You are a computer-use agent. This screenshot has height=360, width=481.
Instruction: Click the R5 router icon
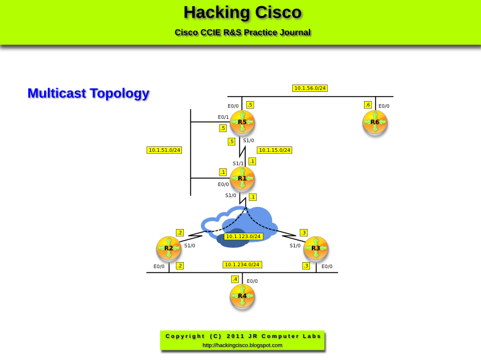pos(242,122)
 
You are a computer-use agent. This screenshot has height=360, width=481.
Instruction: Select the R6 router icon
pos(375,122)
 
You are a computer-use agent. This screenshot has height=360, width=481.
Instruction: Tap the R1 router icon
pos(242,179)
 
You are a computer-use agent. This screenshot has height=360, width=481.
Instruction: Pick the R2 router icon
pos(169,249)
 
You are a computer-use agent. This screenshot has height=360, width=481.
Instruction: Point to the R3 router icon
pos(316,249)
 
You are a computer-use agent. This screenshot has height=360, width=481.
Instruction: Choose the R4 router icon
pos(242,296)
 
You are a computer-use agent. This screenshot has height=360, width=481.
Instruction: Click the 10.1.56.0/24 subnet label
pos(310,88)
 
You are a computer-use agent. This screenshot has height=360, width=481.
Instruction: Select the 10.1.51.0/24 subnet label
pos(164,150)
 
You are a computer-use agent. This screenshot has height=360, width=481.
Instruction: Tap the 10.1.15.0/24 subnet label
pos(275,150)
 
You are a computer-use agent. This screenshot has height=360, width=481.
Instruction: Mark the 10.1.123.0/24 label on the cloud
pos(243,236)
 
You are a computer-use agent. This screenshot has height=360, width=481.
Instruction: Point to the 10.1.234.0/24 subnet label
pos(243,264)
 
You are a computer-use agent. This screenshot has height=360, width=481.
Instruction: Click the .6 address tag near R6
pos(368,105)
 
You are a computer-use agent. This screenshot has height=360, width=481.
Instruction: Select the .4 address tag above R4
pos(235,279)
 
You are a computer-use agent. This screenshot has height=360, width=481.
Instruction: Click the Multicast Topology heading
pos(88,93)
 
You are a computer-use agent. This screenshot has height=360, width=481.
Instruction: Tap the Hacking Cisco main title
pos(243,12)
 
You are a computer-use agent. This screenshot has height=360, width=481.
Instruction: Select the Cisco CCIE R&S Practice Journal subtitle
pos(243,32)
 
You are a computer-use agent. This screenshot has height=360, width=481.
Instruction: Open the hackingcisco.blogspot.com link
pos(243,345)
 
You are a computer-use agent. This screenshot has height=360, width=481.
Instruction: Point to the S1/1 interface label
pos(238,163)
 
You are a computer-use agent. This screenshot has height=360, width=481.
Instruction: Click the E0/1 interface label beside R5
pos(223,117)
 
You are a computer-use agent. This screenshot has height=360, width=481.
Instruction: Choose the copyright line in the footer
pos(243,336)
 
